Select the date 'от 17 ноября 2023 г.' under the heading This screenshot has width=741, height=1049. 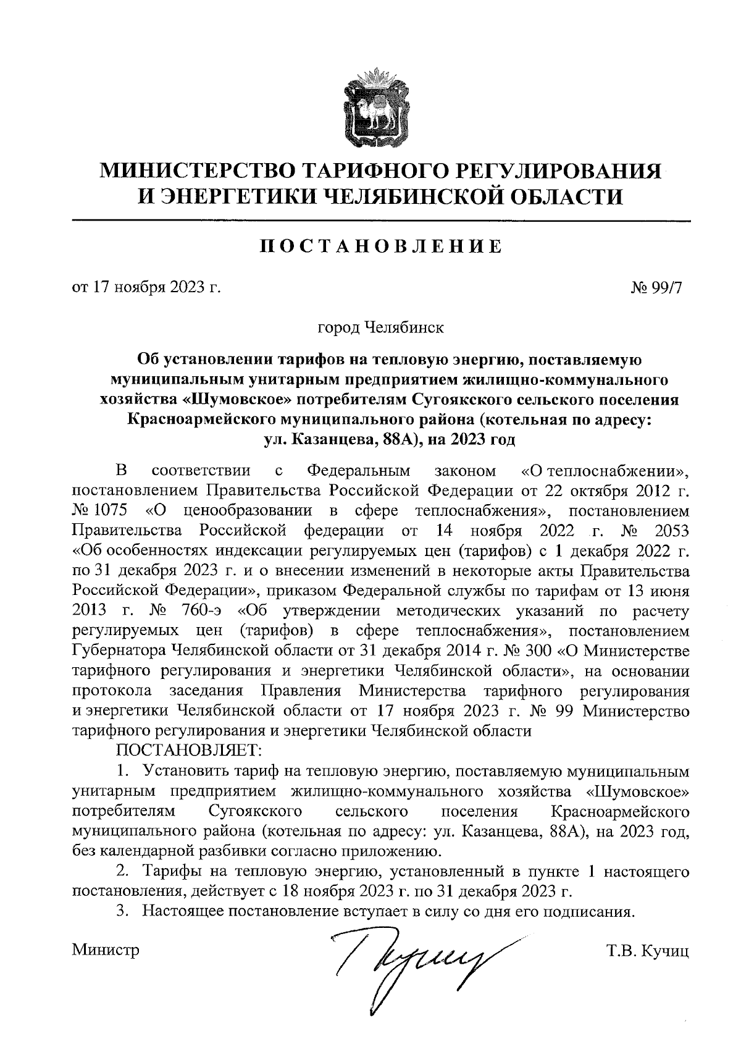coord(146,288)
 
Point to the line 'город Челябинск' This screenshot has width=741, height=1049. coord(380,326)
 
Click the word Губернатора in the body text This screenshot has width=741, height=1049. coord(119,651)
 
